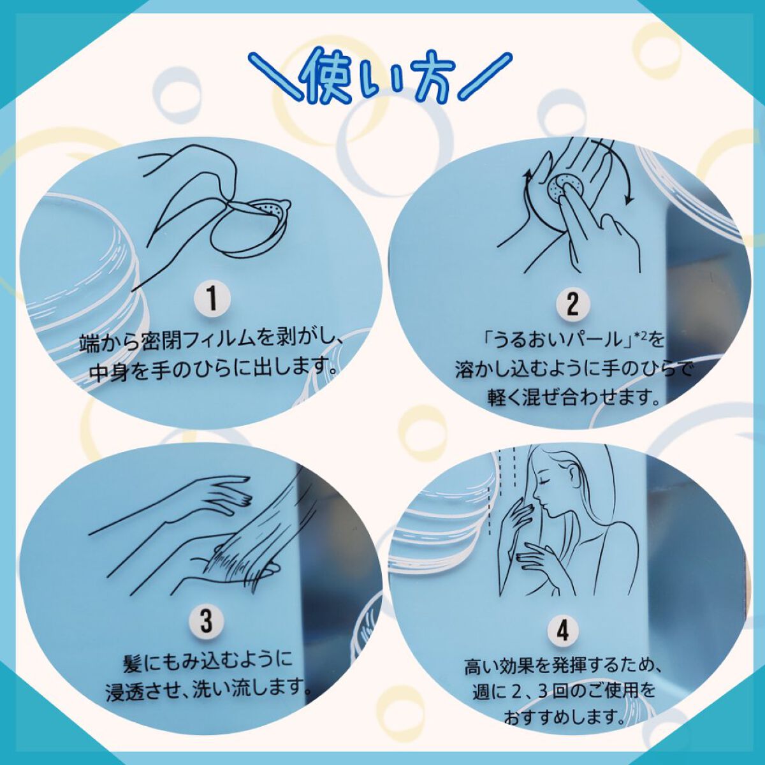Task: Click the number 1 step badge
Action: (x=212, y=300)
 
